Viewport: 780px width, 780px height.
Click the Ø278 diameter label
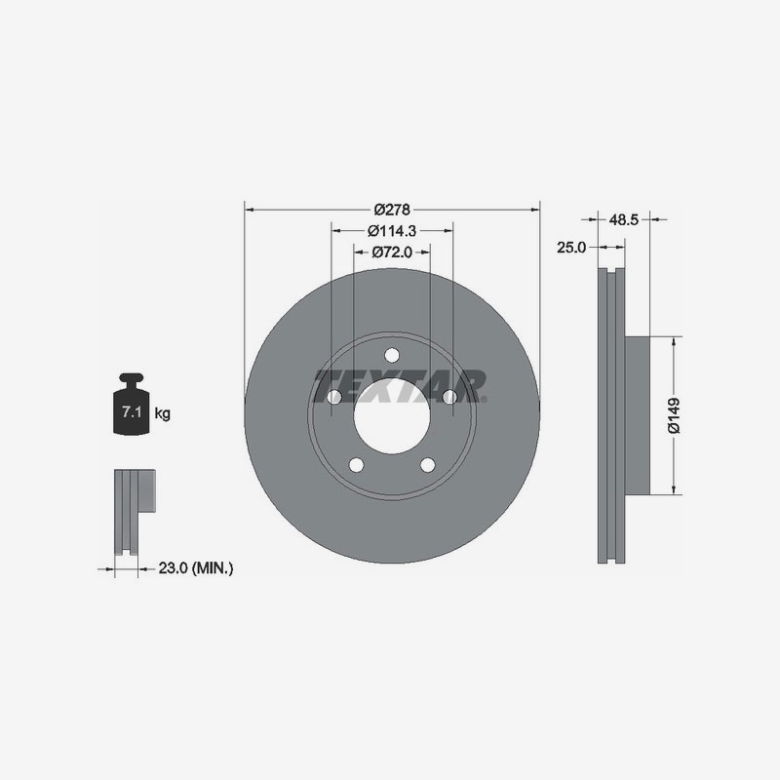coord(392,208)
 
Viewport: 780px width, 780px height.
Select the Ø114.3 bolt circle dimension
coord(392,231)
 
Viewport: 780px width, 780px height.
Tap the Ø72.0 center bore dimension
coord(392,252)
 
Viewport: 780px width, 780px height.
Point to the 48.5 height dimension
coord(623,220)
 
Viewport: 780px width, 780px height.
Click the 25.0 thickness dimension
coord(570,248)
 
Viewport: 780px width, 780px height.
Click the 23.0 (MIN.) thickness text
coord(196,566)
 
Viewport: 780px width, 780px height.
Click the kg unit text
coord(163,414)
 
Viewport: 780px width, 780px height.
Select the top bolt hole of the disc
coord(391,355)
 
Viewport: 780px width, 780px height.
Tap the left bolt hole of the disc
coord(333,397)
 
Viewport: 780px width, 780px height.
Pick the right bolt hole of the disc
coord(448,397)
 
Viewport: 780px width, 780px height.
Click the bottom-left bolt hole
coord(356,464)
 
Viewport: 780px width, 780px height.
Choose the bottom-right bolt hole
coord(427,464)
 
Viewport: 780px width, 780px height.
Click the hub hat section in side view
coord(635,415)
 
